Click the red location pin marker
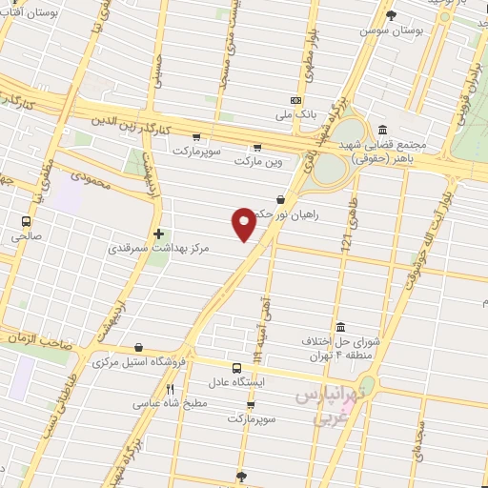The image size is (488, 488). (245, 223)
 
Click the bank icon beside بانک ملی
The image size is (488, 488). (295, 100)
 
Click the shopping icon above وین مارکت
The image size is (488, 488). (257, 147)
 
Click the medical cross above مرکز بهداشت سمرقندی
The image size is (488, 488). (158, 233)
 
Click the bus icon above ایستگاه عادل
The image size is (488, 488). (236, 367)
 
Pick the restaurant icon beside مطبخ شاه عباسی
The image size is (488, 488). (171, 389)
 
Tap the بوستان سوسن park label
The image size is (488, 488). (391, 30)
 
